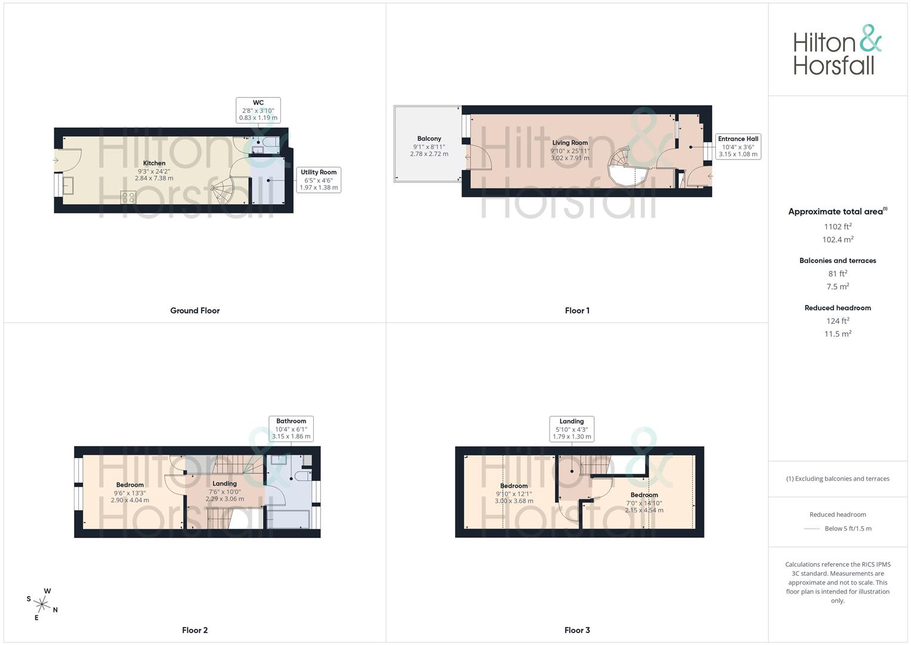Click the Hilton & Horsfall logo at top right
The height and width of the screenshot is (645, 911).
(x=836, y=50)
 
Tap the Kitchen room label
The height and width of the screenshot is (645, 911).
(x=154, y=163)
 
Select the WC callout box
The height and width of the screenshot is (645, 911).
(x=258, y=110)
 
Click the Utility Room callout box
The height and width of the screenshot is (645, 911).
(x=319, y=180)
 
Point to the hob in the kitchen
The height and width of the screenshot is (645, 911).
(x=128, y=197)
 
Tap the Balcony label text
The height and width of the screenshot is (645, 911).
(x=429, y=139)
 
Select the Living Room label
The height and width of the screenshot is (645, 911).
(x=570, y=143)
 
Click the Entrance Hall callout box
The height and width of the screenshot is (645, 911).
(x=738, y=146)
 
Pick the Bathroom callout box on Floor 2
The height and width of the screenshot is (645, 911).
(x=291, y=429)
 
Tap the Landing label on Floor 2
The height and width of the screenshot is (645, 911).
(x=224, y=484)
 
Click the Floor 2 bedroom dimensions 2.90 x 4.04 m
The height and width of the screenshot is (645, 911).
(x=130, y=500)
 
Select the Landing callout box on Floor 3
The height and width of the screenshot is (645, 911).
(x=572, y=429)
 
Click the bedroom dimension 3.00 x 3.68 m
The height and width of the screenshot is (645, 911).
(x=514, y=501)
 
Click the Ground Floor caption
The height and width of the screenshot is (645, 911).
(x=194, y=311)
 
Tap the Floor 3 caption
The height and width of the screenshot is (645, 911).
(x=577, y=630)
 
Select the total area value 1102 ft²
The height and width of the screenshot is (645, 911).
(x=838, y=226)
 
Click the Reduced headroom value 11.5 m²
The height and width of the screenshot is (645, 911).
(x=838, y=334)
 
